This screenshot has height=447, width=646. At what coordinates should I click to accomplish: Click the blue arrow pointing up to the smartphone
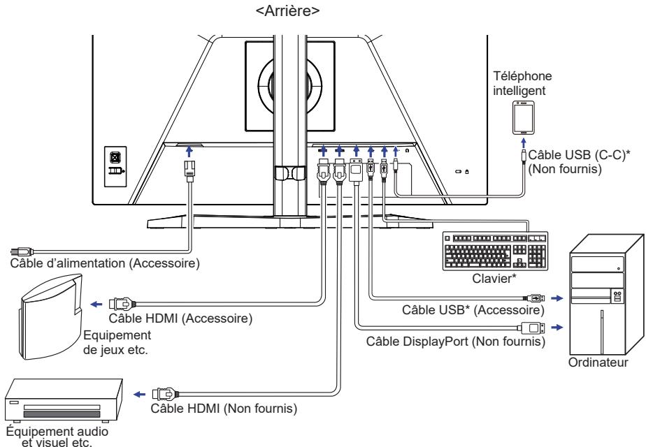[x=522, y=142]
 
